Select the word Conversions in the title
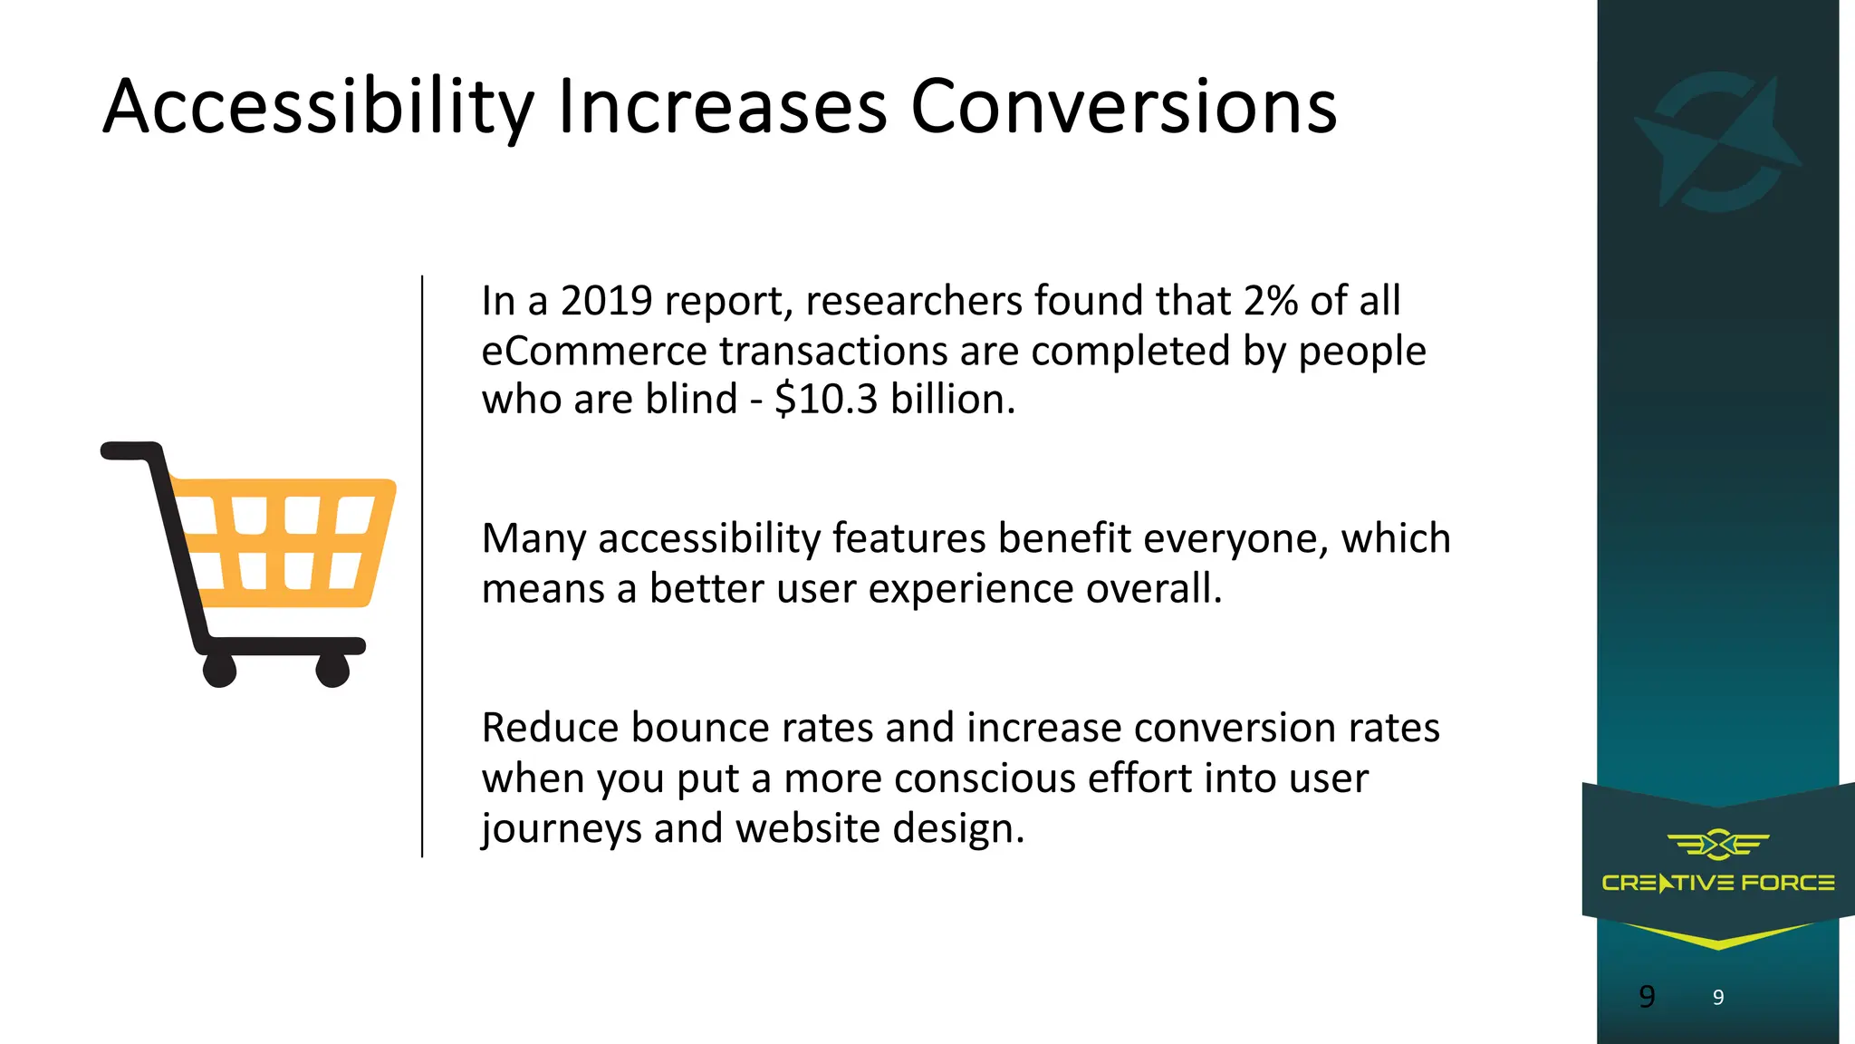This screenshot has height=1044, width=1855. (x=1123, y=107)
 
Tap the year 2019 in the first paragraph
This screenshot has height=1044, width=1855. (x=606, y=301)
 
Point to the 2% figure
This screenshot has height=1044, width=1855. (x=1271, y=301)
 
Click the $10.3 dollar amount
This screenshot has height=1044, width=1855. (x=826, y=400)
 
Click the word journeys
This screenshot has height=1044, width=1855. (x=561, y=828)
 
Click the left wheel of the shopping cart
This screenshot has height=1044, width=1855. (x=220, y=671)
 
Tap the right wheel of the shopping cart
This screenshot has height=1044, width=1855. (x=332, y=671)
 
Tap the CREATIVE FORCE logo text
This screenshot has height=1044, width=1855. (x=1717, y=883)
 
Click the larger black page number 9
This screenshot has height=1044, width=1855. (x=1647, y=997)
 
